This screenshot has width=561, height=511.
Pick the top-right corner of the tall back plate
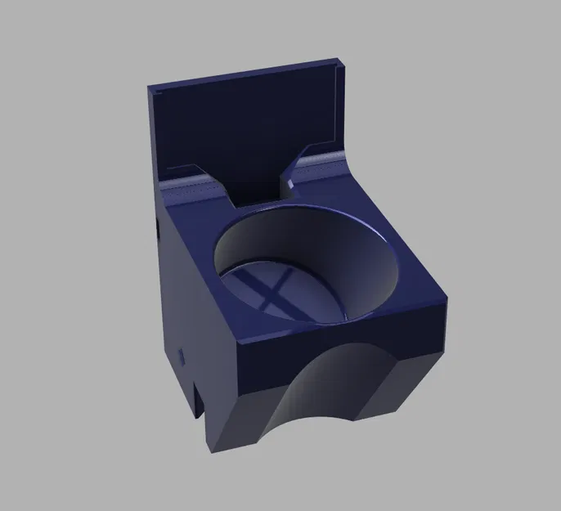pyautogui.click(x=339, y=61)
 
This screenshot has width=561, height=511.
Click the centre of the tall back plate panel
pyautogui.click(x=245, y=123)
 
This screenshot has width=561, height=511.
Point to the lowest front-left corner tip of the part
pyautogui.click(x=214, y=446)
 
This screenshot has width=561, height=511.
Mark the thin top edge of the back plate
pyautogui.click(x=245, y=72)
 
